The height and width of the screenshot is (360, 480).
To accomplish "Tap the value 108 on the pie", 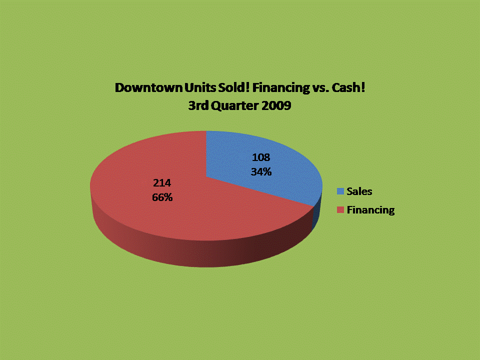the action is (261, 157).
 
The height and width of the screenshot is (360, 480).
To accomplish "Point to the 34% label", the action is (261, 171).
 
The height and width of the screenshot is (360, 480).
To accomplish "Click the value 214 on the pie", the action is (162, 183).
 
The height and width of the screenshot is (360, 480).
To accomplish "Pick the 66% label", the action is (162, 197).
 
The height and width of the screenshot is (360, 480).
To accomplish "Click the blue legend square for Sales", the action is (340, 191).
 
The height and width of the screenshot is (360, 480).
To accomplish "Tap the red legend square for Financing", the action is (340, 209).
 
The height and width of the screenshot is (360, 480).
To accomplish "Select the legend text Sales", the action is (359, 191).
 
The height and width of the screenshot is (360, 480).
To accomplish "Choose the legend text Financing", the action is (370, 210).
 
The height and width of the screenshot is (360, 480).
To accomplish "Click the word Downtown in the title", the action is (149, 87).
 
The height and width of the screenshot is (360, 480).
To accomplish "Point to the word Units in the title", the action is (200, 87).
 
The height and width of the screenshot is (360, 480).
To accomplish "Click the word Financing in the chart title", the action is (281, 88).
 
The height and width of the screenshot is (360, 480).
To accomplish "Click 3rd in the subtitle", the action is (198, 105).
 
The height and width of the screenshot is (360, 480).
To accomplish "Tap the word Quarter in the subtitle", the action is (235, 106).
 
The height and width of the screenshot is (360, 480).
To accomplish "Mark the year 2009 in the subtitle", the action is (276, 105).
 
